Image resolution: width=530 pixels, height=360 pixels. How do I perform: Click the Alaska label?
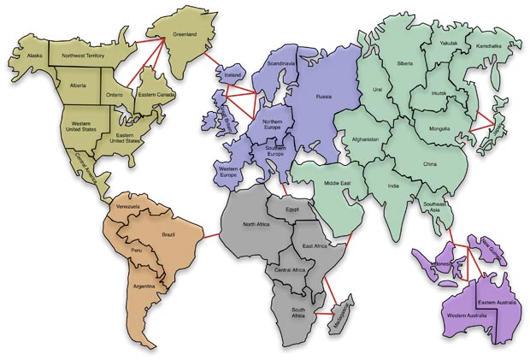35,56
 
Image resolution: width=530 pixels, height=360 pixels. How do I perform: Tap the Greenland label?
185,34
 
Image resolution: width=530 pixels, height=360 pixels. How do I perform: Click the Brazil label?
168,233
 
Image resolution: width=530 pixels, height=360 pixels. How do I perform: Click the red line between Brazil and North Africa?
211,231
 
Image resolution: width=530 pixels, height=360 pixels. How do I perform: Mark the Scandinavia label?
281,64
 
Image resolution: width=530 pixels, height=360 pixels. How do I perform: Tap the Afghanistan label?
364,139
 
